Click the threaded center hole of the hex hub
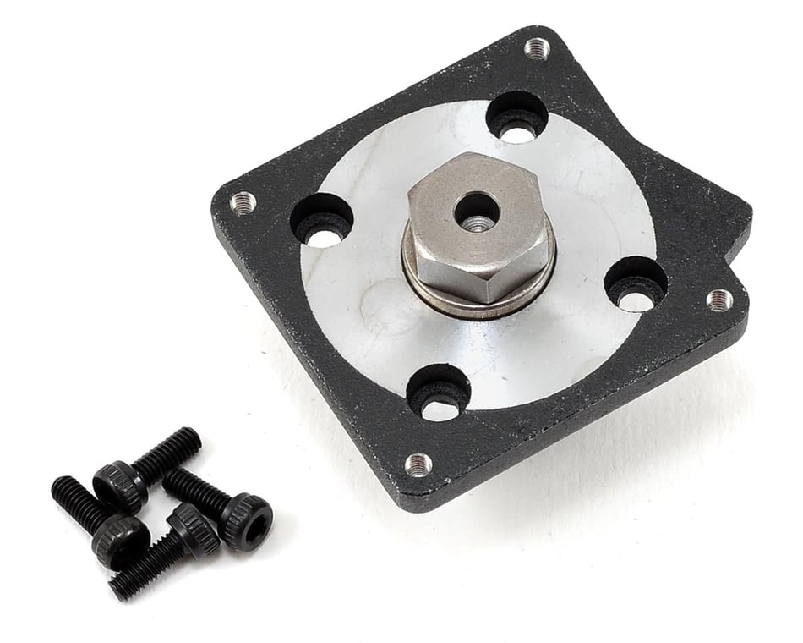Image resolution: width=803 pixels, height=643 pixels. point(476,212)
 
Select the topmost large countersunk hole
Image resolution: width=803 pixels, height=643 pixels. point(516,117)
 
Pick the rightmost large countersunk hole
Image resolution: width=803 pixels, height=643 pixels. point(636,283)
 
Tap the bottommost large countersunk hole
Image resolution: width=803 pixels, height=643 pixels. point(438,393)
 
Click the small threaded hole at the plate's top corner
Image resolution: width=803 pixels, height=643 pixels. point(537,48)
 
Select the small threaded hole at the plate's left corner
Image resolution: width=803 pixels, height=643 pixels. point(243,202)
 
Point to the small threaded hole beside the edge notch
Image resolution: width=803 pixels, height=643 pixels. point(718,299)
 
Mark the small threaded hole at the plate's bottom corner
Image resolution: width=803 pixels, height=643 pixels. point(418,463)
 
